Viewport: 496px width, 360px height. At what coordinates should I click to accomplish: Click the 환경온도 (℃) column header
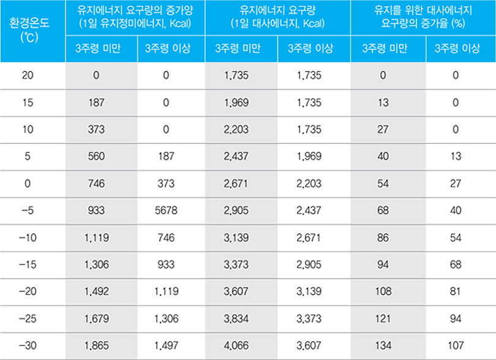pos(32,31)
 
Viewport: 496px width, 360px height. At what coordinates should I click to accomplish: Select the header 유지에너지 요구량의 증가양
pos(135,17)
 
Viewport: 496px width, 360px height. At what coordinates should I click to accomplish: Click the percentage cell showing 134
pos(383,345)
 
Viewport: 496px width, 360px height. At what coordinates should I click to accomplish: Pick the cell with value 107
pos(454,345)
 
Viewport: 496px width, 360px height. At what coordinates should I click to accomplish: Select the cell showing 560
pos(97,156)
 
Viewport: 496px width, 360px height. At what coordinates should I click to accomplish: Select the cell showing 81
pos(454,291)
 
